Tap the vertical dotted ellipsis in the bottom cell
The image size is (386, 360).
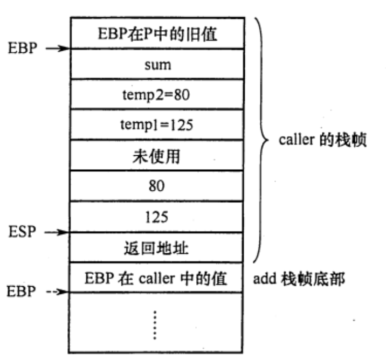(155, 324)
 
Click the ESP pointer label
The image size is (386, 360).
(21, 232)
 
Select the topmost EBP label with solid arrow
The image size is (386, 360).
(21, 49)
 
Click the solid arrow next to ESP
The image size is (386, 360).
(56, 232)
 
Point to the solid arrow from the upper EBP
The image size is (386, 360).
(56, 49)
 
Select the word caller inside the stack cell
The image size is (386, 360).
(155, 279)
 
